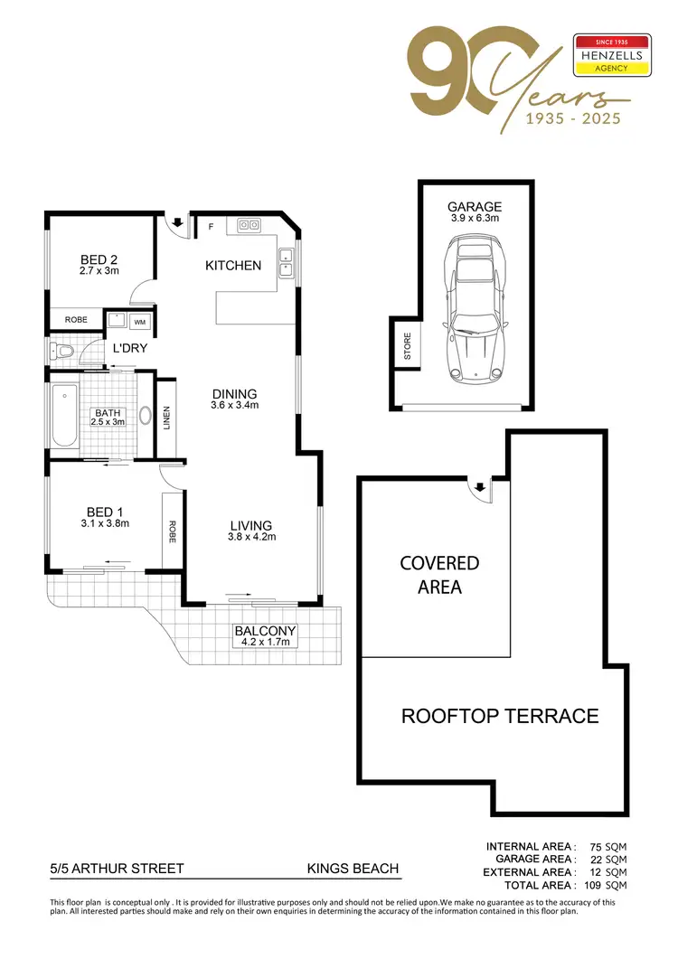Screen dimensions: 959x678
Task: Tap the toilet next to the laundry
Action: point(61,352)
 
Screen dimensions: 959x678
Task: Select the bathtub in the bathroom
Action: point(64,417)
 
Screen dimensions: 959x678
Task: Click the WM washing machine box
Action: point(140,321)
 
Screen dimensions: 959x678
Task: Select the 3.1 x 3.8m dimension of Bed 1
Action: point(105,522)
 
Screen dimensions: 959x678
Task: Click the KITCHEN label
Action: point(233,265)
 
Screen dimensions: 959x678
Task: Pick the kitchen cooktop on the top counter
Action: point(250,225)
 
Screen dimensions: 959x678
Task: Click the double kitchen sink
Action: point(287,261)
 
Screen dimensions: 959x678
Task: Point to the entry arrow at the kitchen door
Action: point(178,222)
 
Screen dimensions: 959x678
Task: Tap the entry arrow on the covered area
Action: point(480,487)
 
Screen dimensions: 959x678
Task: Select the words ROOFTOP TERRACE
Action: point(500,716)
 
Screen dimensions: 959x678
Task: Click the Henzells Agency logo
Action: point(612,56)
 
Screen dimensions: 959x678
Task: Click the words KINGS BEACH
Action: point(353,869)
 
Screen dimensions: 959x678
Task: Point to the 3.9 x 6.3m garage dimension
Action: point(475,218)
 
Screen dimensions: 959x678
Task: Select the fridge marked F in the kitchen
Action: point(212,225)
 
